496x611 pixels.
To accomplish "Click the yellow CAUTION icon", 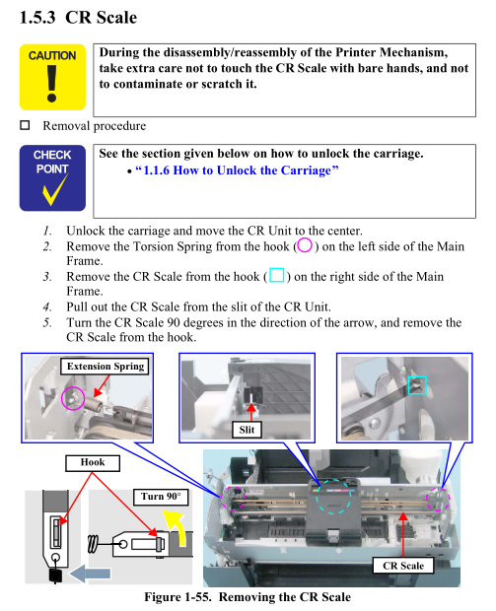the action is click(x=52, y=77).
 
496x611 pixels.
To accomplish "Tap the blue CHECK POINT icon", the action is click(x=52, y=178).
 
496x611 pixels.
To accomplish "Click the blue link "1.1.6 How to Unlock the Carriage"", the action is click(x=237, y=170).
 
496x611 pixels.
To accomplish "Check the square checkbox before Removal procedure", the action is click(x=25, y=125).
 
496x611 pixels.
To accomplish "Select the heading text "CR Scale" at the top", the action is click(x=101, y=18).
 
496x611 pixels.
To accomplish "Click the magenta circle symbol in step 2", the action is click(x=305, y=245).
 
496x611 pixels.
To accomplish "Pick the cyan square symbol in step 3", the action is click(x=277, y=275).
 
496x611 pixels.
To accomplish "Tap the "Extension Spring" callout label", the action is click(x=105, y=367).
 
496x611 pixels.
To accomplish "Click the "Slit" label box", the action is click(x=247, y=430).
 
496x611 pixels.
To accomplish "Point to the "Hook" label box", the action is click(x=93, y=462).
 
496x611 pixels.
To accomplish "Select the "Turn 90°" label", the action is click(x=161, y=497).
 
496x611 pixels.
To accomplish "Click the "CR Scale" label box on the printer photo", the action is click(x=403, y=565).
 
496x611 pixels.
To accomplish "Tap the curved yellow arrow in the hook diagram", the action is click(x=177, y=526).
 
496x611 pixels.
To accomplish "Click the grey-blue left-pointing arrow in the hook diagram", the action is click(x=90, y=574).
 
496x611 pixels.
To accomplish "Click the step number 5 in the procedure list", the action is click(x=47, y=322).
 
